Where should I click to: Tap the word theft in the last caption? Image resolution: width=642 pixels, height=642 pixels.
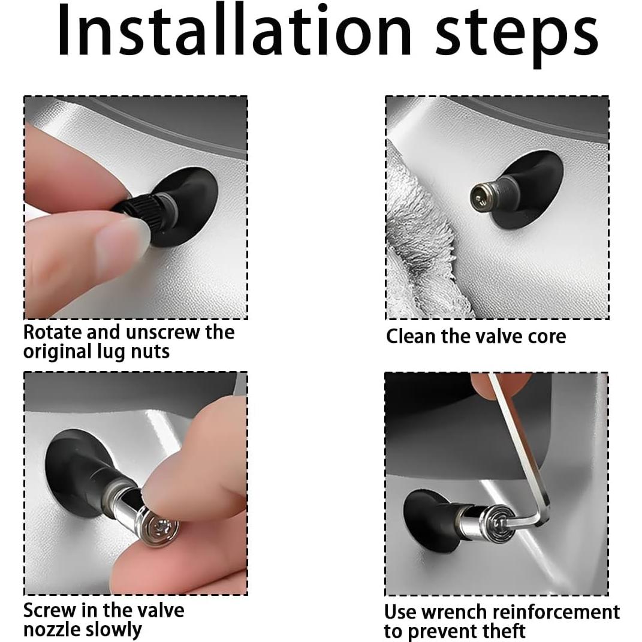pos(502,631)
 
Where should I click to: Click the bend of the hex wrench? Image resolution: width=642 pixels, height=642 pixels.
pos(541,519)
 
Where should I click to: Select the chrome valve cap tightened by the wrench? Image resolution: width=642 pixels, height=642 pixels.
pos(485,520)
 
